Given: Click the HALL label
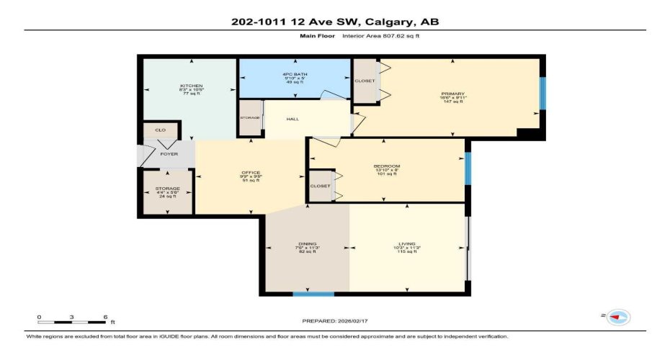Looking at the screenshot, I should point(292,120).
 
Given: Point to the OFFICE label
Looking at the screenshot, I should point(249,173).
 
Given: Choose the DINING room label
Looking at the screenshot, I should point(308,244).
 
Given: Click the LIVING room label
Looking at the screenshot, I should point(407,244).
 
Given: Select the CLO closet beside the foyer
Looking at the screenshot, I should point(161,130).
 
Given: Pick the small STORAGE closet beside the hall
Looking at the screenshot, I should point(250,117).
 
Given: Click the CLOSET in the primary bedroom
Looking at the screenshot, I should point(365,81).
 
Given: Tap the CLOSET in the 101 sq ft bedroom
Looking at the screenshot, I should point(320,186).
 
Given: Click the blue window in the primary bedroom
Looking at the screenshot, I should point(542,94).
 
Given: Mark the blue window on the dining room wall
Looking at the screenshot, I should point(313,294).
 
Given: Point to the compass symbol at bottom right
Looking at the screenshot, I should point(617,316).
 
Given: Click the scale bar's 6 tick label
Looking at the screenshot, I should point(106,317).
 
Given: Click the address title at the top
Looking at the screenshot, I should point(335,22).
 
